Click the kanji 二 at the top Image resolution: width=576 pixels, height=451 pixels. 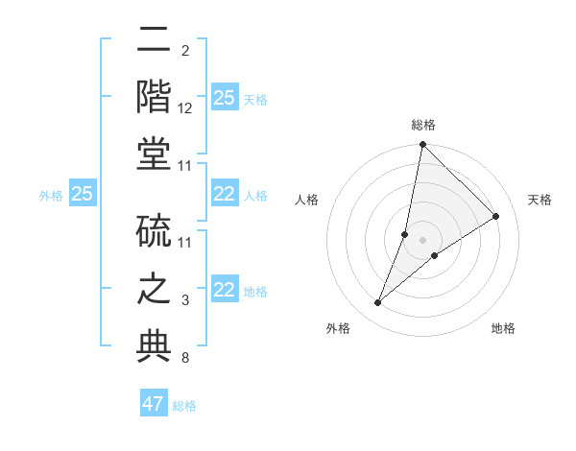pyautogui.click(x=154, y=40)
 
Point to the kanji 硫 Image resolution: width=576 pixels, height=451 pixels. pyautogui.click(x=154, y=231)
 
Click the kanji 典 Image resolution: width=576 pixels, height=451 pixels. pyautogui.click(x=154, y=346)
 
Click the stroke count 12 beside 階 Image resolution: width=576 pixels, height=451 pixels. pyautogui.click(x=185, y=108)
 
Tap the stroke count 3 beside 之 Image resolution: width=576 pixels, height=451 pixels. pyautogui.click(x=185, y=301)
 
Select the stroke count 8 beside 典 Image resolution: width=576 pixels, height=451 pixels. pyautogui.click(x=185, y=359)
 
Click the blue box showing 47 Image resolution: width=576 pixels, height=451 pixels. pyautogui.click(x=154, y=404)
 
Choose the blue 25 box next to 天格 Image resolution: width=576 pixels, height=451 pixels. pyautogui.click(x=224, y=98)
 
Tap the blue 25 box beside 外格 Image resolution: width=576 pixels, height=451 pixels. pyautogui.click(x=83, y=194)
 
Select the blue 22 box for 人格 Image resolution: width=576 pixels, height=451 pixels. pyautogui.click(x=224, y=194)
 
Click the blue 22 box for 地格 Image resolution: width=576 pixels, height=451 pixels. pyautogui.click(x=224, y=290)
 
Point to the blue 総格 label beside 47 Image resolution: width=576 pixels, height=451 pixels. pyautogui.click(x=184, y=405)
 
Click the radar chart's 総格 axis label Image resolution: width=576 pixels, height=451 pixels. pyautogui.click(x=423, y=125)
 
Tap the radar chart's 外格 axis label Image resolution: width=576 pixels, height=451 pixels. pyautogui.click(x=338, y=328)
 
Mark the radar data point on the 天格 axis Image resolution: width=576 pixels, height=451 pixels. pyautogui.click(x=496, y=216)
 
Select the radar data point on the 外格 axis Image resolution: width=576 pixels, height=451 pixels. pyautogui.click(x=378, y=303)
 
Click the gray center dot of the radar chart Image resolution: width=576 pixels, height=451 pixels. pyautogui.click(x=423, y=240)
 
